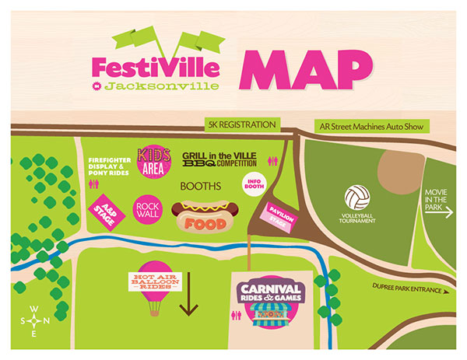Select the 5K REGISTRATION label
241,124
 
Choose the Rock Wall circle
147,208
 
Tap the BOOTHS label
201,187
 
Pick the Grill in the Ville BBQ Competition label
219,161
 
